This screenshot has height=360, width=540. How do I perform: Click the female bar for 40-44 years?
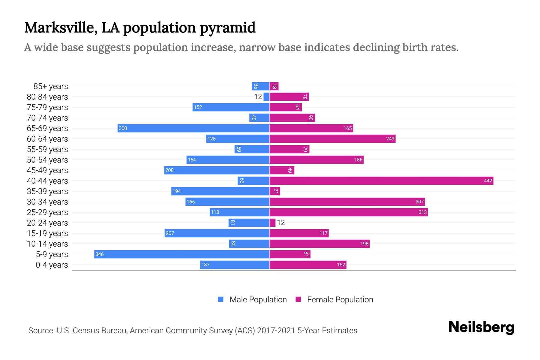pos(381,181)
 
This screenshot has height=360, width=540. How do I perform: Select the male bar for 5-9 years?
pos(181,254)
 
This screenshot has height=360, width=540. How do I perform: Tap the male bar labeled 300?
pos(193,128)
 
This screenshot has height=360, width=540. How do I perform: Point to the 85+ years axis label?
pos(50,86)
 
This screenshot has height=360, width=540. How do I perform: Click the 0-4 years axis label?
pos(52,265)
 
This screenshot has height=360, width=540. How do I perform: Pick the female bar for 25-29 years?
pos(349,212)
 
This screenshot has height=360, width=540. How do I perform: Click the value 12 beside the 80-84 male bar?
pos(258,97)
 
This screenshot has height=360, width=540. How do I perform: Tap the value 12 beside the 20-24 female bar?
pos(281,223)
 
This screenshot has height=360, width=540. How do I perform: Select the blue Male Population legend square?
pos(221,299)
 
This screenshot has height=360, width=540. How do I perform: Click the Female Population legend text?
pos(340,300)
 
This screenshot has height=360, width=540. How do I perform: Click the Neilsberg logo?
pos(481,327)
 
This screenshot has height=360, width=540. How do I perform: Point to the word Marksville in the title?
pos(59,28)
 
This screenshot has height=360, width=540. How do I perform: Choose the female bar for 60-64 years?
pos(332,139)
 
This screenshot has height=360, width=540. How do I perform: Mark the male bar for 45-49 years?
pos(217,170)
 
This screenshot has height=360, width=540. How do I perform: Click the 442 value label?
pos(488,181)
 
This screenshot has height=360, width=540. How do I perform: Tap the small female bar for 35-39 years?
pos(275,191)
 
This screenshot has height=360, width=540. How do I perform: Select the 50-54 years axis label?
pos(47,160)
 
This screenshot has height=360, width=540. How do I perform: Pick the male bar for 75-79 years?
pos(231,107)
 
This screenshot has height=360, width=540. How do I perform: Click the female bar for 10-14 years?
pos(319,244)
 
